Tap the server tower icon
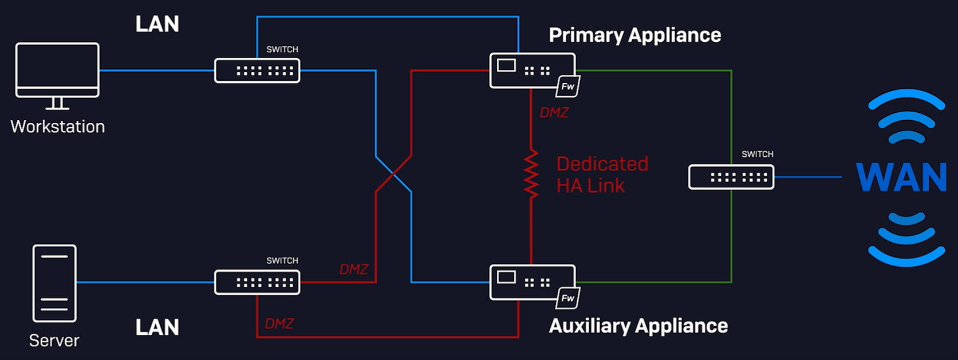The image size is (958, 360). click(x=54, y=283)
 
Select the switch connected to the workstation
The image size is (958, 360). click(x=257, y=71)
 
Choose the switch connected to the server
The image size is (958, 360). click(x=257, y=283)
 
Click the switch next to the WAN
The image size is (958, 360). click(x=731, y=177)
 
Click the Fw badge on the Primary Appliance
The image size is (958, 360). click(x=567, y=86)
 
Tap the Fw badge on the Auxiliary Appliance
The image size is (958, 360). click(x=567, y=298)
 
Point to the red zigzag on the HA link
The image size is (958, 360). click(x=531, y=174)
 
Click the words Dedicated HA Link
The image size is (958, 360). click(x=602, y=175)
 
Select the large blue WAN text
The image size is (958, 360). click(x=902, y=177)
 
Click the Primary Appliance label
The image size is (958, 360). click(x=634, y=35)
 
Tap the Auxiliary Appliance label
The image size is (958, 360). click(x=638, y=326)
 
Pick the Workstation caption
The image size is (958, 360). click(x=58, y=126)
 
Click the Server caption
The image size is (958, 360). click(x=54, y=341)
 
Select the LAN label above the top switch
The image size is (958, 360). click(x=157, y=24)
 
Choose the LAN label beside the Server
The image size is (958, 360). click(x=157, y=327)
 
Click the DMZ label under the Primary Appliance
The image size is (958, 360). click(x=554, y=113)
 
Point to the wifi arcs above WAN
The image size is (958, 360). click(x=906, y=117)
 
